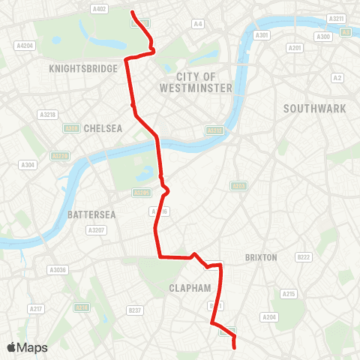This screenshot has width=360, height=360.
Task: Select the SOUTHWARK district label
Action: point(314,109)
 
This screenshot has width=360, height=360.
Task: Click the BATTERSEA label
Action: point(91,214)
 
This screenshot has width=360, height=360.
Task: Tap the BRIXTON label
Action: point(261,257)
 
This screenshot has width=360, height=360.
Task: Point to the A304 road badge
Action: point(28,164)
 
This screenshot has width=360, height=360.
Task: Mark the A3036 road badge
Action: point(58,269)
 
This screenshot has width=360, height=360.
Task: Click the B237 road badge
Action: point(135,310)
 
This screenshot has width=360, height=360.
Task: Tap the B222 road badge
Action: point(303,257)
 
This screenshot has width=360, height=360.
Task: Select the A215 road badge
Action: point(289,293)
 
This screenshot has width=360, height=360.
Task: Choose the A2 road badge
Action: point(337,77)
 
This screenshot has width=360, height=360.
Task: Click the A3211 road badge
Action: point(337,18)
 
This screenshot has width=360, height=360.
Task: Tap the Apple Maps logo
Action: point(27,347)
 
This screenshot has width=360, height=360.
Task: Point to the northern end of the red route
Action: point(133,12)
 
